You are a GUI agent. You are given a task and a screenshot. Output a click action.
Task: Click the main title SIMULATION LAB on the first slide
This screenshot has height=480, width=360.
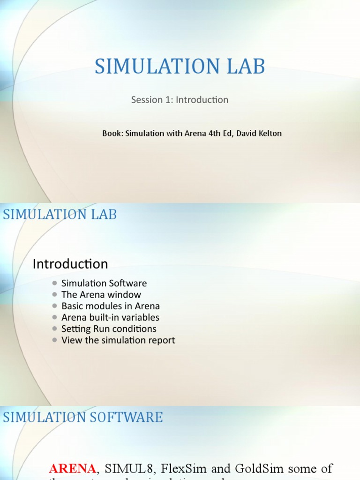(180, 67)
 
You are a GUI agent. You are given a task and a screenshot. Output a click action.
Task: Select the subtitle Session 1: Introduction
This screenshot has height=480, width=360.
(180, 100)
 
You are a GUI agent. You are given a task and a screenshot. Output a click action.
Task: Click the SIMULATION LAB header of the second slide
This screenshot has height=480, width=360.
(60, 215)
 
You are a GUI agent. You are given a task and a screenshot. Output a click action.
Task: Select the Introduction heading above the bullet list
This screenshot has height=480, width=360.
(70, 264)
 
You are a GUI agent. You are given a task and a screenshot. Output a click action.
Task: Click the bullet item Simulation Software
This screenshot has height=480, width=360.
(104, 283)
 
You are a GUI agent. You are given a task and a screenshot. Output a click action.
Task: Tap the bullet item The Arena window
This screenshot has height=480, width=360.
(101, 295)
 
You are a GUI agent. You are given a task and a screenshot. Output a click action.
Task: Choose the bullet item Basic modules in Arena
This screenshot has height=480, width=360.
(111, 306)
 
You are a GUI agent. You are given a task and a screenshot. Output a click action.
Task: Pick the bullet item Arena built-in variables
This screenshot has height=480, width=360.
(110, 317)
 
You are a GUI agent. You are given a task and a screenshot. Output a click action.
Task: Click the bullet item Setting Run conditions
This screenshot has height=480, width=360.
(109, 329)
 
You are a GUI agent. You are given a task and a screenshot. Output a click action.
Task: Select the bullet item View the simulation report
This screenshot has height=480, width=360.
(118, 340)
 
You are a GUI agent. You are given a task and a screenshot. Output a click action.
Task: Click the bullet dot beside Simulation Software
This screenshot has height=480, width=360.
(55, 283)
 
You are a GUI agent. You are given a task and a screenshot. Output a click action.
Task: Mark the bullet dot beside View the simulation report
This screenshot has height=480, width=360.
(55, 340)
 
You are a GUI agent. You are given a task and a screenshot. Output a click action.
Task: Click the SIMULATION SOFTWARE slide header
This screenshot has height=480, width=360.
(83, 417)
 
